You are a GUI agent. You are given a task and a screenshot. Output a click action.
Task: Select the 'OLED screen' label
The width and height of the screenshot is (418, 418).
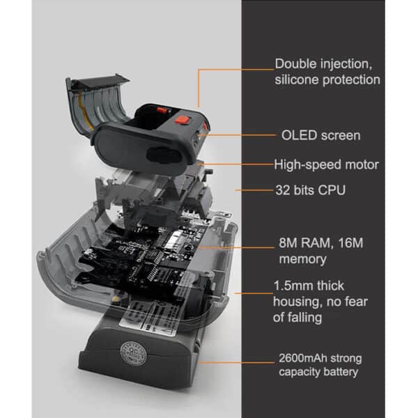tap(321, 135)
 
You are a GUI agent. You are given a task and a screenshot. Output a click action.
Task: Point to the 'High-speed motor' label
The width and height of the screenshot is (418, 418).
tap(327, 164)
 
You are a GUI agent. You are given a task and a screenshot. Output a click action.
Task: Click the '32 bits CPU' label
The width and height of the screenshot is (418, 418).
tap(311, 190)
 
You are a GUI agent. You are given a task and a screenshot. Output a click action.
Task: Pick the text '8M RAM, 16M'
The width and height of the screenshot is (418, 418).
tap(321, 243)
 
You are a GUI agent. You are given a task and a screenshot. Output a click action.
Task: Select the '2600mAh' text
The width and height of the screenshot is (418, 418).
tap(303, 358)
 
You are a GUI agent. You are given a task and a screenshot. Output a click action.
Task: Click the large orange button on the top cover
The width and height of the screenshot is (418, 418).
tap(183, 120)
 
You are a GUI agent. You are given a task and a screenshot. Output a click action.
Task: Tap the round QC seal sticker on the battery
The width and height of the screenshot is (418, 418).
tap(133, 354)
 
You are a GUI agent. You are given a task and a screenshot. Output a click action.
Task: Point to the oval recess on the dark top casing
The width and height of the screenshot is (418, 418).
tap(164, 155)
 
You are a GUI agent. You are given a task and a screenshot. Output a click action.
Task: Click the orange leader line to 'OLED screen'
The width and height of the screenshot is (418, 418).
tap(236, 135)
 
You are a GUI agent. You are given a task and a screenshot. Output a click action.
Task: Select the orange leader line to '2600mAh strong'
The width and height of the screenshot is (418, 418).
tap(237, 362)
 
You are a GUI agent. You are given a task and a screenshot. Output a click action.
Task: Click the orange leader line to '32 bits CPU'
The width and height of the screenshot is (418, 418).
tap(254, 190)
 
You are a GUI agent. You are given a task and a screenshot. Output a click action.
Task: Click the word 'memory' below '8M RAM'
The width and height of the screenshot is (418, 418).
tap(302, 259)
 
